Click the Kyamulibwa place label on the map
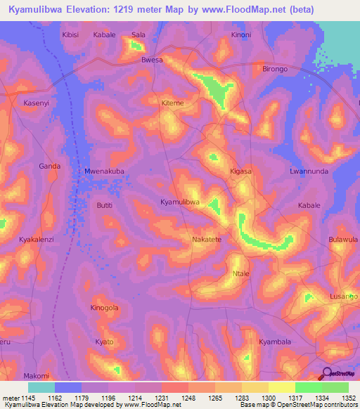tap(180, 202)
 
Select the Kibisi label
tap(71, 34)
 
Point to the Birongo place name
tap(275, 70)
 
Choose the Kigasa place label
tap(241, 171)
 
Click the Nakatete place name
tap(207, 240)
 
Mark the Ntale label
tap(240, 273)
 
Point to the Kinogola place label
tap(104, 308)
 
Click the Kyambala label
tap(274, 342)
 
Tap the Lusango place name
tap(344, 297)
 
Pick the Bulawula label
tap(343, 240)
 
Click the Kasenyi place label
tap(37, 103)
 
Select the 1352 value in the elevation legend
tap(348, 398)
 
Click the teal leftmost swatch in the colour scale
tap(41, 387)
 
